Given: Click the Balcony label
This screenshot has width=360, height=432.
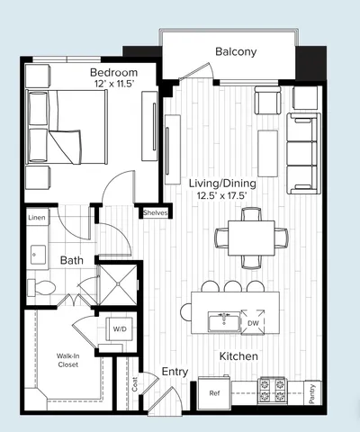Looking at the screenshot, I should click(236, 51).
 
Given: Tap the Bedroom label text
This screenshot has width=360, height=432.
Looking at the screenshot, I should click(113, 71).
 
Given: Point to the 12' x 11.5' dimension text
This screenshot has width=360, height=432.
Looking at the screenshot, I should click(113, 84).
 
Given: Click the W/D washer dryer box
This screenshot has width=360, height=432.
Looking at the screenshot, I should click(119, 328).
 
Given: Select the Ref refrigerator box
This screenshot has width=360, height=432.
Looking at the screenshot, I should click(215, 393).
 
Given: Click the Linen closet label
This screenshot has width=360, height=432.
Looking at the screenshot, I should click(36, 219).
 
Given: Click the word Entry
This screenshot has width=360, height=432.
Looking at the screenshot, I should click(174, 371).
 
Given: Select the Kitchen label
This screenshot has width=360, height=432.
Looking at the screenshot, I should click(240, 356).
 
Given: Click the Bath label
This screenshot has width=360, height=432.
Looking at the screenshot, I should click(72, 260).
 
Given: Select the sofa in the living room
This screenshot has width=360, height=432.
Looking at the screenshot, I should click(302, 153).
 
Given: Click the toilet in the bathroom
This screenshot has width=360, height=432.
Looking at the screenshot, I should click(42, 287).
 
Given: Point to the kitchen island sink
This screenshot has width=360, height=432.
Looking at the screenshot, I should click(223, 320).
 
